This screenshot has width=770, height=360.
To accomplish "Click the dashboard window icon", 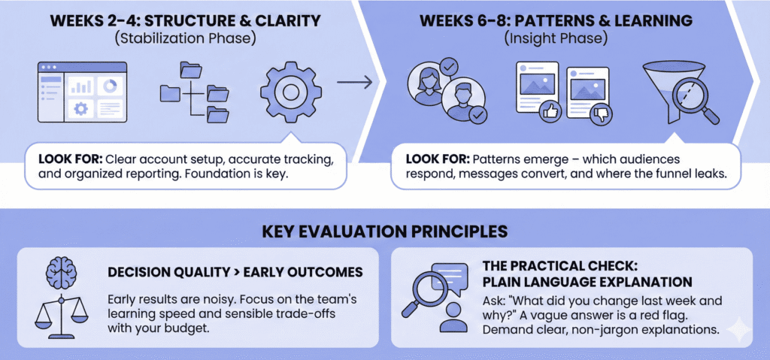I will point(82,92).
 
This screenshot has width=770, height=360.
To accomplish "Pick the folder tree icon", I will point(194,93).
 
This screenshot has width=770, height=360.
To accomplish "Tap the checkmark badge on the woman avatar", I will point(448,68).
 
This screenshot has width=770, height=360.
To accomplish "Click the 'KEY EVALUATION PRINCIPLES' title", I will point(384,229).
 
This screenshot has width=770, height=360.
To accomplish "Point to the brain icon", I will point(61,269).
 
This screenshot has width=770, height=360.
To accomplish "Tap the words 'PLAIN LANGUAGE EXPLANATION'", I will point(587,282).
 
